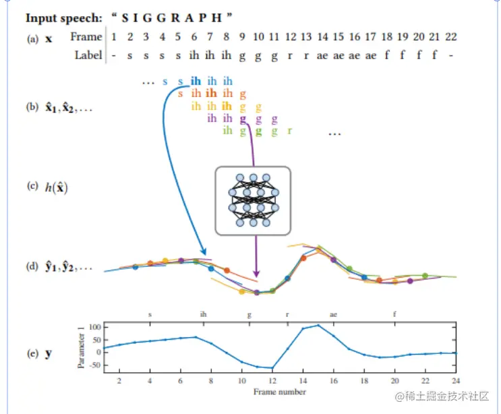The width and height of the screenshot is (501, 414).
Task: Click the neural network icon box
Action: (253, 200)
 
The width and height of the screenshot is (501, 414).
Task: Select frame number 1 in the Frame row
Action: (114, 37)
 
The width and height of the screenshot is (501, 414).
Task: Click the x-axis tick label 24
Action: (456, 381)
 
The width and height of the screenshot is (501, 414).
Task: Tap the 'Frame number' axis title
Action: (279, 392)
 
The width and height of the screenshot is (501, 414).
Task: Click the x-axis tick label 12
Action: (272, 381)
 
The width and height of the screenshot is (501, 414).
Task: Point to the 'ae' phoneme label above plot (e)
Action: (333, 314)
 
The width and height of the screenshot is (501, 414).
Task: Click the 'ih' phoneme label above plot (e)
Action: (204, 314)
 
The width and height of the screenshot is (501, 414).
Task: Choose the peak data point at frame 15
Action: (318, 326)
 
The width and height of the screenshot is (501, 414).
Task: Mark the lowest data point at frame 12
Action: (272, 368)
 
